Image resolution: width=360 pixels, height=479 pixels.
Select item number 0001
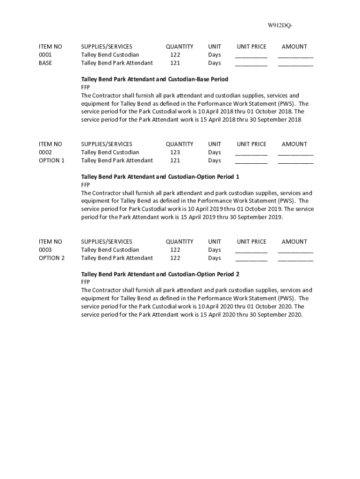[45, 55]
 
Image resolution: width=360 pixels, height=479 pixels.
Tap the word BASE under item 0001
[45, 63]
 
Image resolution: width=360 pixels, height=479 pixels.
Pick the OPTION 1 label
[51, 160]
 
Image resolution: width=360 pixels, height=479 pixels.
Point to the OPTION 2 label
[51, 258]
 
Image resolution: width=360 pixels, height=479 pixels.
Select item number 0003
[45, 250]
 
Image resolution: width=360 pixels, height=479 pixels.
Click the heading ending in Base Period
[154, 79]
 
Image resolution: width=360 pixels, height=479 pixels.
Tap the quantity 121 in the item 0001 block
[175, 63]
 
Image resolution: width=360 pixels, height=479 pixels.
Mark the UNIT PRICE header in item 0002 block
[251, 144]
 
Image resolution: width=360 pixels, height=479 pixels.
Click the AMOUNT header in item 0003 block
[294, 242]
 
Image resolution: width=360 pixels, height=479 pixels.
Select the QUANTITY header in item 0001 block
[179, 47]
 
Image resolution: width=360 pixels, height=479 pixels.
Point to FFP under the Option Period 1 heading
[86, 185]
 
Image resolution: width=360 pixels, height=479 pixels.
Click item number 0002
[45, 152]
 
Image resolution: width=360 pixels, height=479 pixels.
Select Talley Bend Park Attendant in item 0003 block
[117, 258]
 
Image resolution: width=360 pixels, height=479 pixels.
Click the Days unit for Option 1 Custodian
[215, 152]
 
